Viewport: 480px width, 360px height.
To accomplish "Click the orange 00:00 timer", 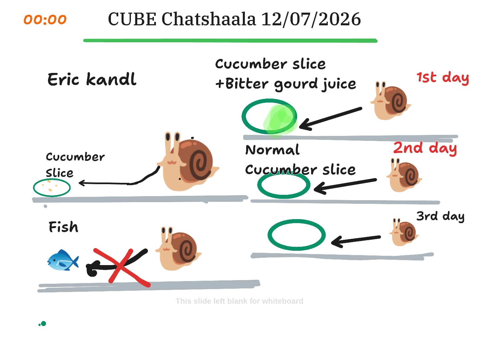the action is (45, 19).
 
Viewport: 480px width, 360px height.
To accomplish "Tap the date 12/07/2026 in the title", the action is (311, 19).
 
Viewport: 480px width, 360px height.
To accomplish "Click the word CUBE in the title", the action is (132, 19).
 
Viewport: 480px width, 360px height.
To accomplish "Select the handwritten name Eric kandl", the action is (92, 79).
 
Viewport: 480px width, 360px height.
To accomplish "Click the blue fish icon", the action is (63, 260).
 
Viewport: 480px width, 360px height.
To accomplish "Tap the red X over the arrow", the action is (122, 267).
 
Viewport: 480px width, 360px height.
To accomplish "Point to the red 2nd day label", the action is (425, 148).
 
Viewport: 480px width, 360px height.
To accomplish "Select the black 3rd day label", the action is (440, 216).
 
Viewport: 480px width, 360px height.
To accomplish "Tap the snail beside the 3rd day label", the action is (404, 232).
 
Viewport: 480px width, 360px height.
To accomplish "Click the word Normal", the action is (272, 150).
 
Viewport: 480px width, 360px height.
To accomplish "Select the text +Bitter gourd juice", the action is (285, 84).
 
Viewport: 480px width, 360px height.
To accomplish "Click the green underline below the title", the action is (230, 40).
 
